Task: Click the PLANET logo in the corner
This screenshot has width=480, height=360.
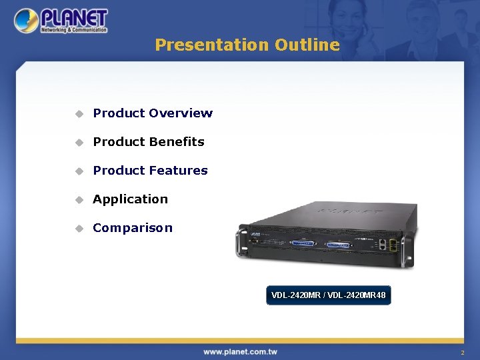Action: pyautogui.click(x=61, y=21)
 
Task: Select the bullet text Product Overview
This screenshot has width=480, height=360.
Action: pyautogui.click(x=153, y=113)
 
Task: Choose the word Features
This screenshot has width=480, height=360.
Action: pyautogui.click(x=178, y=171)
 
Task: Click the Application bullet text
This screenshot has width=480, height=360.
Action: pyautogui.click(x=131, y=199)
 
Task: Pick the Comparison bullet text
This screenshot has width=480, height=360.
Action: pyautogui.click(x=133, y=228)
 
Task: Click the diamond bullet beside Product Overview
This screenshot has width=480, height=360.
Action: pyautogui.click(x=79, y=114)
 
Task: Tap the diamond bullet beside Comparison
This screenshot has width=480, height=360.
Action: pyautogui.click(x=79, y=229)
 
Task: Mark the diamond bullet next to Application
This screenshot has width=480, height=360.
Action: pyautogui.click(x=79, y=200)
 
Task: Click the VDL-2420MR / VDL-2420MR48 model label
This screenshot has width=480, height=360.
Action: pyautogui.click(x=328, y=295)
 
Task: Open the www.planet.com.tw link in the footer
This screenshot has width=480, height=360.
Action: pyautogui.click(x=240, y=351)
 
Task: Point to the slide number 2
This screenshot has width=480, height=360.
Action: pyautogui.click(x=462, y=352)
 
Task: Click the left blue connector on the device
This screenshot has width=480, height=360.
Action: pyautogui.click(x=303, y=243)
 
